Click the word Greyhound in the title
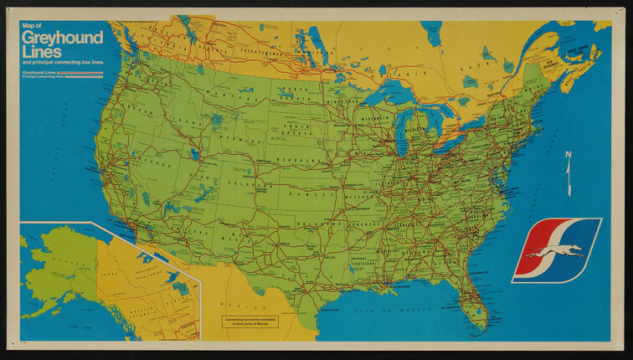pos(63,39)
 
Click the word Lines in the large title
pos(43,52)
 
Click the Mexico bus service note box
pos(250,321)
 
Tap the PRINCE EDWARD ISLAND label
pos(578,49)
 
